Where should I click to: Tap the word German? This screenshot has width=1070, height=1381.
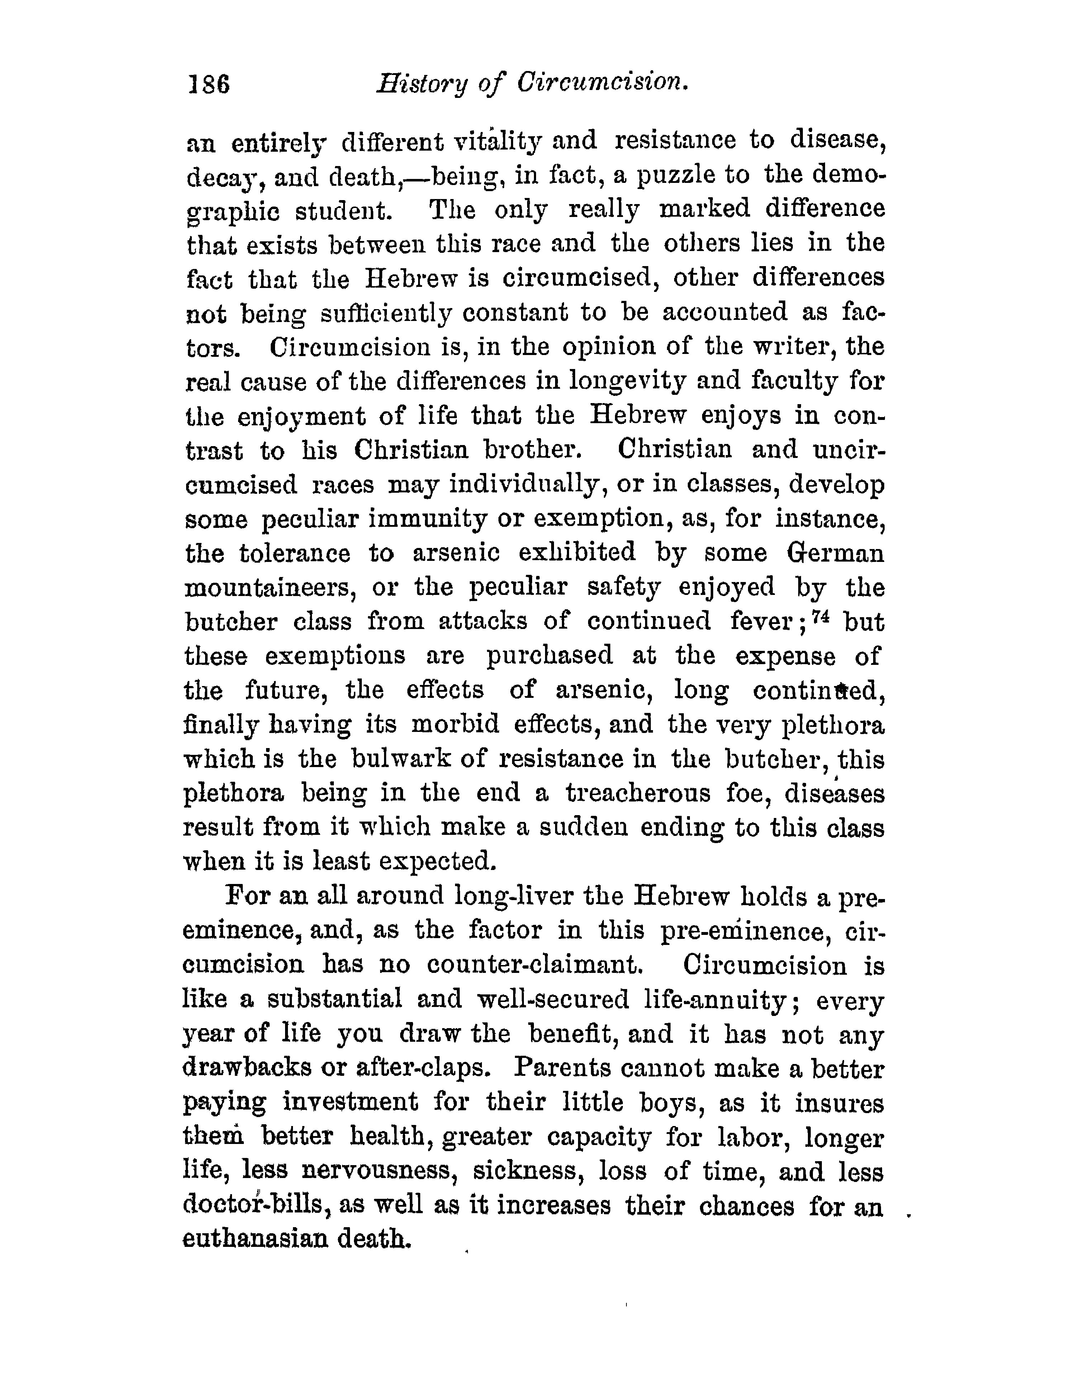coord(835,553)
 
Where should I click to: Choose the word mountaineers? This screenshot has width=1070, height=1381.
coord(269,587)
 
